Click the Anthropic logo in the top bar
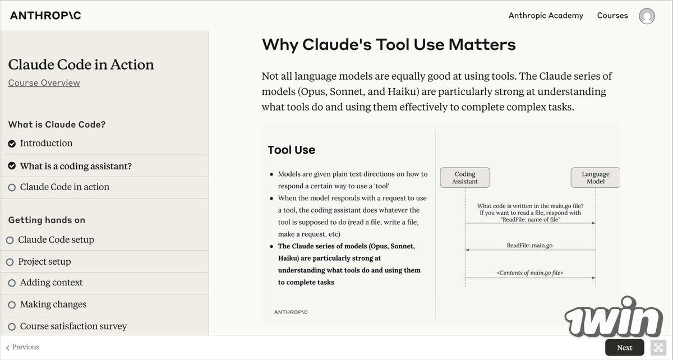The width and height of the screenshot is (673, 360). pos(45,16)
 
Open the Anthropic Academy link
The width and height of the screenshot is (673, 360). pos(546,16)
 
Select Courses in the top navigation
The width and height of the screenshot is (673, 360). pos(612,16)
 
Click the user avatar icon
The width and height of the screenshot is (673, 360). pos(647,16)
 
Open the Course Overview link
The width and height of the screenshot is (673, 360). pos(44,83)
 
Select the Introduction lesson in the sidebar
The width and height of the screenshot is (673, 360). pos(46,144)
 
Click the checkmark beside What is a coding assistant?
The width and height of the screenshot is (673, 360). pos(12,167)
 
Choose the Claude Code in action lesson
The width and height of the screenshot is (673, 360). pos(64,187)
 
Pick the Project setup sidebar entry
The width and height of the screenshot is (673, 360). pos(44,262)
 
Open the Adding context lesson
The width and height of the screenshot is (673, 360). pos(51,283)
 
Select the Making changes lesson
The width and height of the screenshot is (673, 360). pos(53,304)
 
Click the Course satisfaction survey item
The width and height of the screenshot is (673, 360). pos(73,326)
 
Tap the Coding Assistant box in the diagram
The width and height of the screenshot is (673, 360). pos(465,178)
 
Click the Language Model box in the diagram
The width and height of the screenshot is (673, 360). pos(595,178)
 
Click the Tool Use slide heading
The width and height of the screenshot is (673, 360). pos(291,150)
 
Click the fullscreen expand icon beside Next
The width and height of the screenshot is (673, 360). pos(657,348)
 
